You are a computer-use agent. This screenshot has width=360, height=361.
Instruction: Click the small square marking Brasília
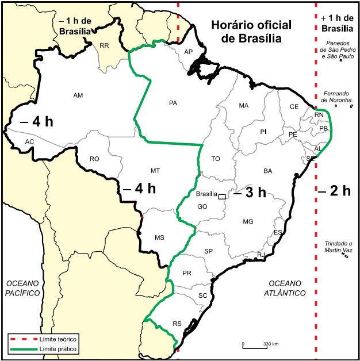coord(222,196)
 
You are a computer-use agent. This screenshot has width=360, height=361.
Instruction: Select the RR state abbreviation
coord(104,45)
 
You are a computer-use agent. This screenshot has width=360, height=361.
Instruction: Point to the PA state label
coord(173,103)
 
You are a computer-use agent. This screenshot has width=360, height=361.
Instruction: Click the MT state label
coord(155,171)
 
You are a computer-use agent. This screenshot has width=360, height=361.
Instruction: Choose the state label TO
coord(216,158)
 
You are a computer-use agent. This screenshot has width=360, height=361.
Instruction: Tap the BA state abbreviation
coord(267,171)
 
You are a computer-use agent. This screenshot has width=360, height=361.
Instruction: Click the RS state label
coord(177,324)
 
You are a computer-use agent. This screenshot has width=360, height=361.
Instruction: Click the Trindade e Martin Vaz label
coord(338,247)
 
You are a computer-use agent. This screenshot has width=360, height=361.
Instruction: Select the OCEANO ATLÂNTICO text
coord(287,288)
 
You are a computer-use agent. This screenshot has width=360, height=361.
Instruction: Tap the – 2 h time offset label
coord(335,191)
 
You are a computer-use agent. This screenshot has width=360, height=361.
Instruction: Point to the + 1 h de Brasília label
coord(338,23)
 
